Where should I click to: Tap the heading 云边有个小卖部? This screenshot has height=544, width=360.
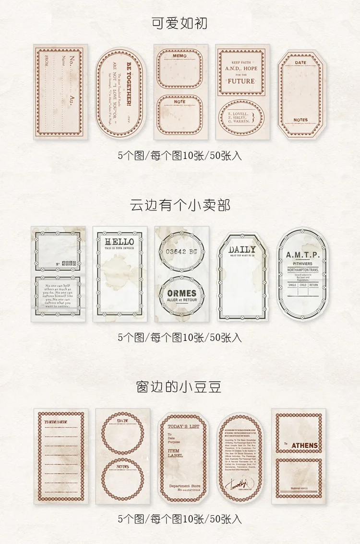[x=180, y=205]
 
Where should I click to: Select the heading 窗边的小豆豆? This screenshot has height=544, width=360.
[x=180, y=387]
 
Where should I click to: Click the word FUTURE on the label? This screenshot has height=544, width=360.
[x=241, y=81]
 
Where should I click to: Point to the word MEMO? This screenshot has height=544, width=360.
[x=180, y=56]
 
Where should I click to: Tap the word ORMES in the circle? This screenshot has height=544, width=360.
[x=181, y=293]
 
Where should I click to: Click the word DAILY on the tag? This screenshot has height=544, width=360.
[x=242, y=250]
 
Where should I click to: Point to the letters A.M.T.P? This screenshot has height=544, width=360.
[x=302, y=254]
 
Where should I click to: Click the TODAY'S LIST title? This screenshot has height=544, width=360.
[x=183, y=426]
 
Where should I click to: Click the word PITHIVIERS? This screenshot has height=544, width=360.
[x=302, y=264]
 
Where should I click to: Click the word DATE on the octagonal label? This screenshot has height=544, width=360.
[x=300, y=62]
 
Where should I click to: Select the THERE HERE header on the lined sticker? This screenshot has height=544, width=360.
[x=56, y=422]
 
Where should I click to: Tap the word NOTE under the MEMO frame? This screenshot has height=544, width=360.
[x=180, y=101]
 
